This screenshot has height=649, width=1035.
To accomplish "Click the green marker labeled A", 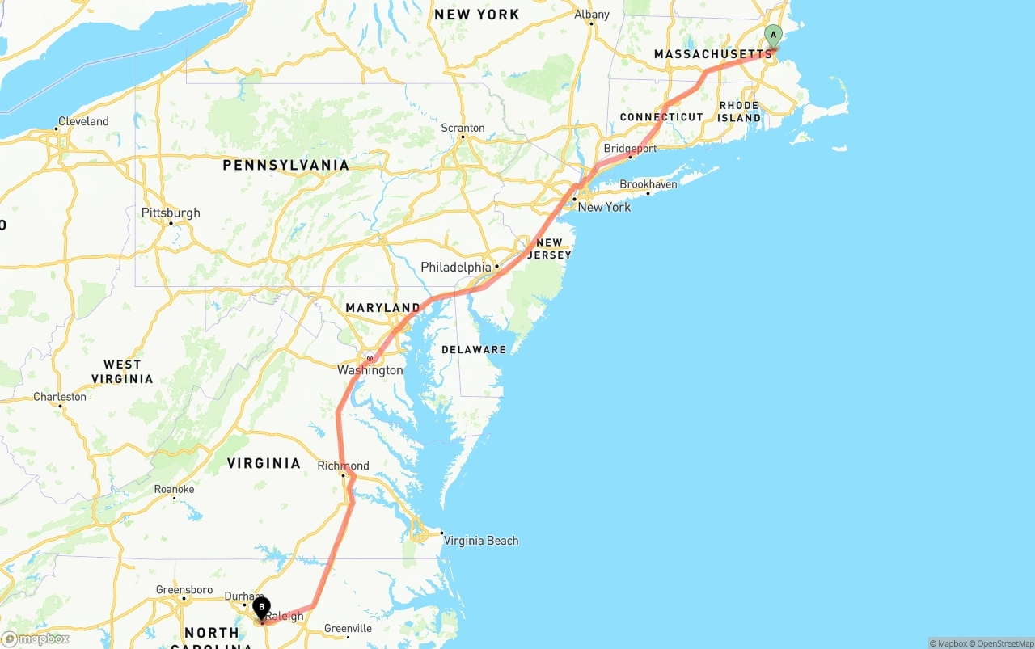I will click(773, 35).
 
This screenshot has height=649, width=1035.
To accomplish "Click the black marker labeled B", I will click(261, 608).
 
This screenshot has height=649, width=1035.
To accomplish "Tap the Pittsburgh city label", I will click(171, 213).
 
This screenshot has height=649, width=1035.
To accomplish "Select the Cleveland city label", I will click(82, 121).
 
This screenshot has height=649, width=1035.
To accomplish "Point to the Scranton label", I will click(463, 128).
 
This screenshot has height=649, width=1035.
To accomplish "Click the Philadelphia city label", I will click(455, 267).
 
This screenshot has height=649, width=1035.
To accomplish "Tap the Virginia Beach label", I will click(481, 541).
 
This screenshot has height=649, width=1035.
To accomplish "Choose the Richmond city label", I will click(343, 466).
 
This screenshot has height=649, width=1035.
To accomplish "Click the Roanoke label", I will click(174, 489).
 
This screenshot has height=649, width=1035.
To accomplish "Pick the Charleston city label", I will click(60, 397).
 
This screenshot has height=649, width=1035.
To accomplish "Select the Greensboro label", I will click(184, 590).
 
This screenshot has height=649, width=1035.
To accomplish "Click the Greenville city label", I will click(348, 628).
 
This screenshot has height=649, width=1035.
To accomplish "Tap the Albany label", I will click(592, 15).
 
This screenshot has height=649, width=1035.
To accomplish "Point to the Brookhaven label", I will click(648, 184).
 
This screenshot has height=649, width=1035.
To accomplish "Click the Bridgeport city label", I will click(630, 149).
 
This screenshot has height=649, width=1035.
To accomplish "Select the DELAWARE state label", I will click(474, 350).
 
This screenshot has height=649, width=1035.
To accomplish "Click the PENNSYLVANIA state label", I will click(286, 165).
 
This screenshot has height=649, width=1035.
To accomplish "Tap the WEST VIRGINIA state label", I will click(122, 372).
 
